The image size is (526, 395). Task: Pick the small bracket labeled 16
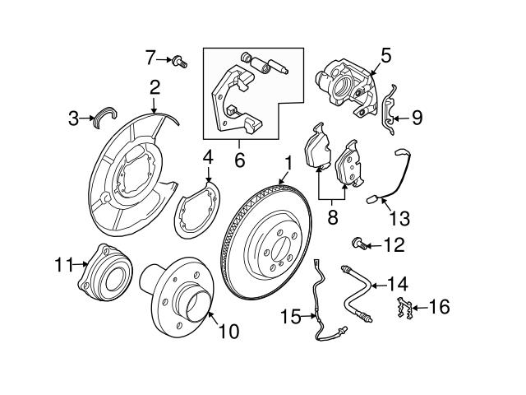[404, 311]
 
